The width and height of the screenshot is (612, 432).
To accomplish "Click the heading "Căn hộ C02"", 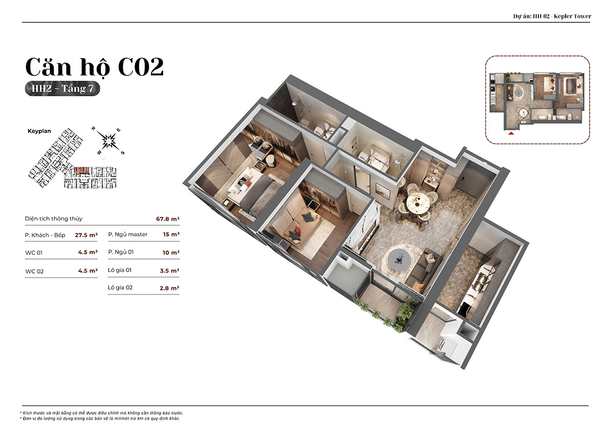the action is (94, 67).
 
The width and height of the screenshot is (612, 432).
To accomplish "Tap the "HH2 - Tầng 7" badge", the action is (62, 89).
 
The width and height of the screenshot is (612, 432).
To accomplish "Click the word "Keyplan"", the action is (39, 131).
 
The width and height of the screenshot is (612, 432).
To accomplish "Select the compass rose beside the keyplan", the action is (109, 141).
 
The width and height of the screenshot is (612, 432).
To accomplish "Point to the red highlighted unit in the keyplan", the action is (81, 171).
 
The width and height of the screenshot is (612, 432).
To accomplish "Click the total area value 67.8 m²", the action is (168, 219).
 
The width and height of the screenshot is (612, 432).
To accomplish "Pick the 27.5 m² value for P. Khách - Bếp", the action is (86, 235).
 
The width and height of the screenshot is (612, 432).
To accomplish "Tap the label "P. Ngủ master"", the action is (127, 234).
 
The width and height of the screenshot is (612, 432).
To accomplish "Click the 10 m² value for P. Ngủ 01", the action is (171, 253).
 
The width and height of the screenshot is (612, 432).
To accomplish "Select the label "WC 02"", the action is (35, 271).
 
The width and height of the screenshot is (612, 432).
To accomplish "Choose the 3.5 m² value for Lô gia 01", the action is (170, 271).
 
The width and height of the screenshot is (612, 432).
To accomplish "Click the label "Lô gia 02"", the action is (120, 287).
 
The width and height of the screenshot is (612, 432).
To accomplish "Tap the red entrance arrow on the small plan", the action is (511, 133).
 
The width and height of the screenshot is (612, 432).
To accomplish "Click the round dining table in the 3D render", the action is (418, 202).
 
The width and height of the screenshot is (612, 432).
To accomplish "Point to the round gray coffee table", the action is (399, 258).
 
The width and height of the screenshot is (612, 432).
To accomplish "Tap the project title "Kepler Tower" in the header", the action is (572, 16).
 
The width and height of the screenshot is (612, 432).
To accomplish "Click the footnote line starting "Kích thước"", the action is (101, 413).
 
